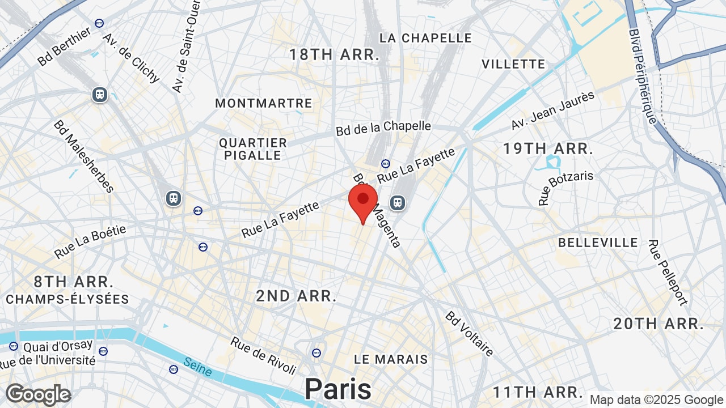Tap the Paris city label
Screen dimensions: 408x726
click(x=338, y=389)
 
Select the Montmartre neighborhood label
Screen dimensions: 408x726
click(x=264, y=103)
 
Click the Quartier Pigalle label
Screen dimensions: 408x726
click(x=253, y=149)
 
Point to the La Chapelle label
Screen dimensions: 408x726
click(x=425, y=38)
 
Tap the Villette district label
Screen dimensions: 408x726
click(x=513, y=64)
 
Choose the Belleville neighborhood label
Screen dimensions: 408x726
click(x=598, y=243)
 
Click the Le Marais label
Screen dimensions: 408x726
click(x=391, y=359)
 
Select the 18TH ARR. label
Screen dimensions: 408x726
click(x=334, y=55)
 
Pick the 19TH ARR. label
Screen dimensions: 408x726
click(x=548, y=149)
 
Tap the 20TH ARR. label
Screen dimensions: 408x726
click(x=659, y=324)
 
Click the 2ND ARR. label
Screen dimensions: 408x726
click(x=296, y=296)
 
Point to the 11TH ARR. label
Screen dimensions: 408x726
click(x=538, y=392)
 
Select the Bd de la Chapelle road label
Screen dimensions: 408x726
click(x=383, y=128)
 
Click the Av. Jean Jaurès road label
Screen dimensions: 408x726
click(x=552, y=110)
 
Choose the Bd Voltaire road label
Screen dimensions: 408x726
click(x=470, y=334)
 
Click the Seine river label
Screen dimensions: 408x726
click(x=198, y=368)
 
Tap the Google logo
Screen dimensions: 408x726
click(x=38, y=394)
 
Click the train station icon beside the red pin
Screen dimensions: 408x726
click(x=398, y=202)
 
